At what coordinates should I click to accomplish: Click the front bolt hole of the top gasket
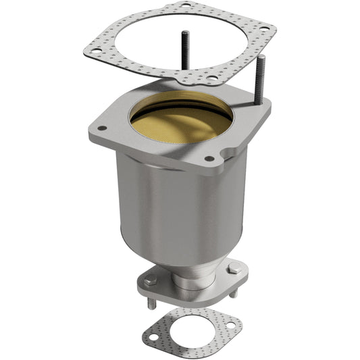click(x=212, y=78)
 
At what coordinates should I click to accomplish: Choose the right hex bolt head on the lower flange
click(x=234, y=269)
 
